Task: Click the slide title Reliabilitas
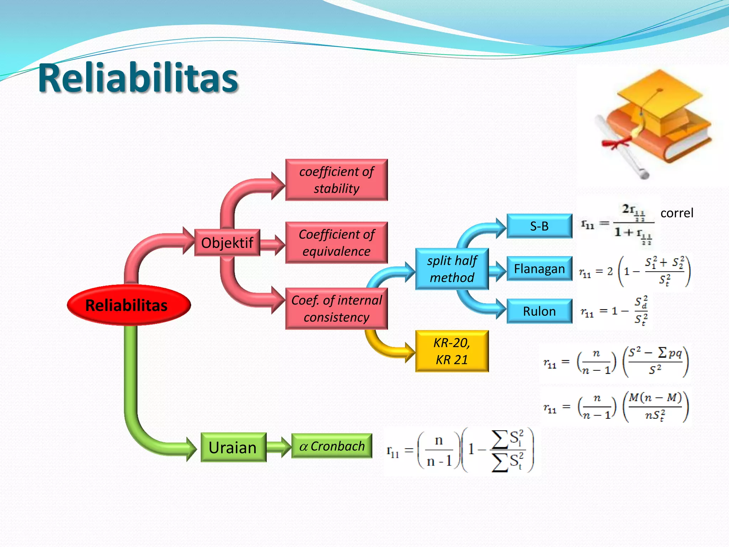(x=138, y=78)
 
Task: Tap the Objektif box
(x=227, y=243)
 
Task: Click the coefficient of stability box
(x=336, y=180)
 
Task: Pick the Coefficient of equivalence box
(x=336, y=243)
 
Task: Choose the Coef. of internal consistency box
(x=336, y=308)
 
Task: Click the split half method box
(x=452, y=269)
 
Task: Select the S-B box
(x=539, y=226)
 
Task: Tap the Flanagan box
(x=539, y=269)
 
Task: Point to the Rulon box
(x=539, y=311)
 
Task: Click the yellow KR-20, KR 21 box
(x=452, y=351)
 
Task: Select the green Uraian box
(x=233, y=447)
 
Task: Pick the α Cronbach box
(x=332, y=446)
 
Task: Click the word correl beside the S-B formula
(x=677, y=213)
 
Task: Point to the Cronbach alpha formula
(x=461, y=450)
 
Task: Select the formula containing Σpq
(x=616, y=361)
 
